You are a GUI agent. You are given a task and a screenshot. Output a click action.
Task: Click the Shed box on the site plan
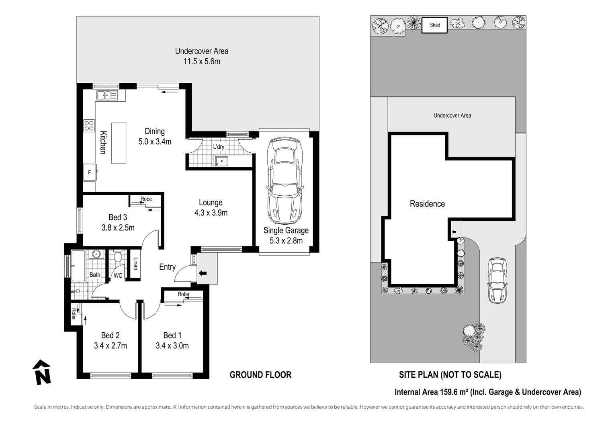[x=434, y=25]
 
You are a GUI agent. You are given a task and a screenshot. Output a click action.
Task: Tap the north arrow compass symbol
[x=42, y=372]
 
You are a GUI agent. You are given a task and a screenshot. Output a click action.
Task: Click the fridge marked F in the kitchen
[x=90, y=172]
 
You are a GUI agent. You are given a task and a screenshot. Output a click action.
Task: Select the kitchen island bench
[x=119, y=143]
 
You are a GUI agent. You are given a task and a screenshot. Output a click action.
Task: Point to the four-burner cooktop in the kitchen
[x=89, y=126]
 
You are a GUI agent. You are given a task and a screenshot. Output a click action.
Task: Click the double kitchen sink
[x=107, y=95]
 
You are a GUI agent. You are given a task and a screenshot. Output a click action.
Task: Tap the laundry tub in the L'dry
[x=221, y=161]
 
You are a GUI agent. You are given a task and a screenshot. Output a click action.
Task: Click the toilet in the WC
[x=117, y=256]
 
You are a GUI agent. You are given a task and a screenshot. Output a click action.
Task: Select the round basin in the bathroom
[x=96, y=254]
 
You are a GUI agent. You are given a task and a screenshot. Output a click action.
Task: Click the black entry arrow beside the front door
[x=203, y=273]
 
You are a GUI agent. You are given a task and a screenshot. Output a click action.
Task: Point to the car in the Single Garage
[x=285, y=181]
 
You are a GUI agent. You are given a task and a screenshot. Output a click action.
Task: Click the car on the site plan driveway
[x=497, y=280]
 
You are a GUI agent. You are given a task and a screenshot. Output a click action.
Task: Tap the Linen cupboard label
[x=135, y=264]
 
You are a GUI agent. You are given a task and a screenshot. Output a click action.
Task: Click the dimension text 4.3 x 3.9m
[x=211, y=213]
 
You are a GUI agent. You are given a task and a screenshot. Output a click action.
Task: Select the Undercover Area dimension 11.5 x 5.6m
[x=202, y=61]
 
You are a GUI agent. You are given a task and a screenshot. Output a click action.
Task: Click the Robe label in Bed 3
[x=146, y=199]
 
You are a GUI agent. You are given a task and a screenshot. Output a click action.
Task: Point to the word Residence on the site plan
[x=427, y=204]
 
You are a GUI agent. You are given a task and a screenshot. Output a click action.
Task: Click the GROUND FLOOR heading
[x=260, y=375]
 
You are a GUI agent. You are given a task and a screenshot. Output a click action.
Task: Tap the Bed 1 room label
[x=172, y=336]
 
